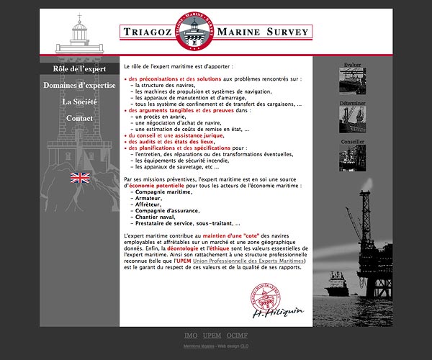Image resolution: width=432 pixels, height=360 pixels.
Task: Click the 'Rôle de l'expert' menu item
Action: point(79,69)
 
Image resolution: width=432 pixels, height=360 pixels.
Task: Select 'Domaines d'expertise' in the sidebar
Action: point(79,86)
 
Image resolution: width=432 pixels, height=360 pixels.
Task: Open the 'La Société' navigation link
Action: point(79,102)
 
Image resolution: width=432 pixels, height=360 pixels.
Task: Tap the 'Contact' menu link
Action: point(79,119)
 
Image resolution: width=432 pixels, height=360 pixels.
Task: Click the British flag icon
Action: point(80,178)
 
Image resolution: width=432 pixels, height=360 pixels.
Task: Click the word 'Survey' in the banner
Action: point(284,32)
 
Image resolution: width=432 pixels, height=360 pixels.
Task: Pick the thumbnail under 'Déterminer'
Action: point(352,118)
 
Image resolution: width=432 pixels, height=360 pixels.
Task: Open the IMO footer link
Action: point(191,336)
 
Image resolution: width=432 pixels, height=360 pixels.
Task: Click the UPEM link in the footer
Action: point(212,336)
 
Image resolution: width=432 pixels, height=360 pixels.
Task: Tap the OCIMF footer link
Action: point(236,336)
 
